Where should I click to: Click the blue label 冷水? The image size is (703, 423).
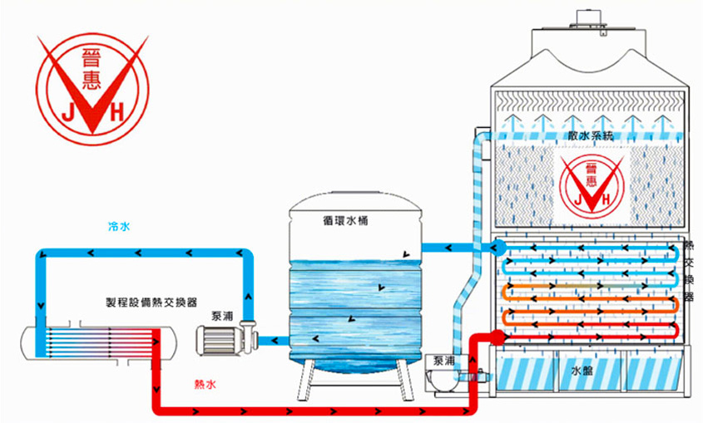coord(119,225)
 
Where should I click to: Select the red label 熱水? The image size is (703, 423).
coord(205,384)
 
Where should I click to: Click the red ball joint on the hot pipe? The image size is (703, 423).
coord(498,337)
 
